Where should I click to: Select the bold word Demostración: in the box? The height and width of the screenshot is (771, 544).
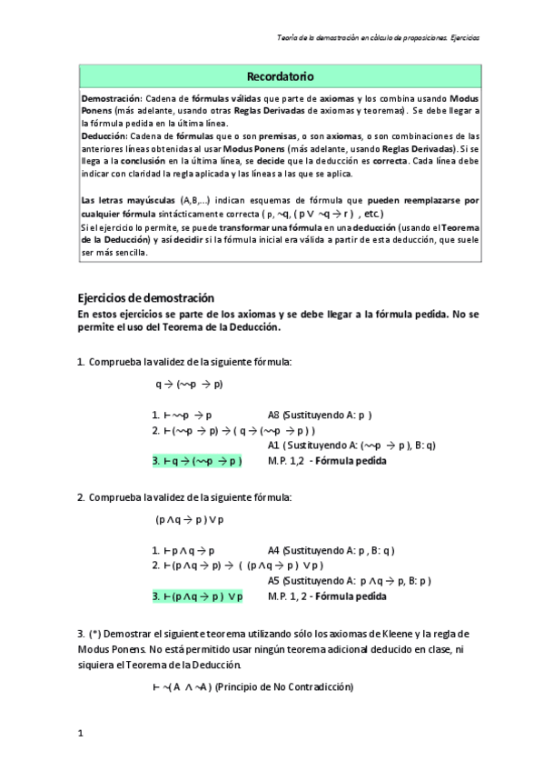point(111,97)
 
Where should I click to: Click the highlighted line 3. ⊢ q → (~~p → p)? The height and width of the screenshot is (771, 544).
point(197,461)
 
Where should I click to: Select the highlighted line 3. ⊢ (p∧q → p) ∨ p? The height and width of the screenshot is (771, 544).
point(197,596)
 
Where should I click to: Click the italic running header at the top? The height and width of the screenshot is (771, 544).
point(378,38)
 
